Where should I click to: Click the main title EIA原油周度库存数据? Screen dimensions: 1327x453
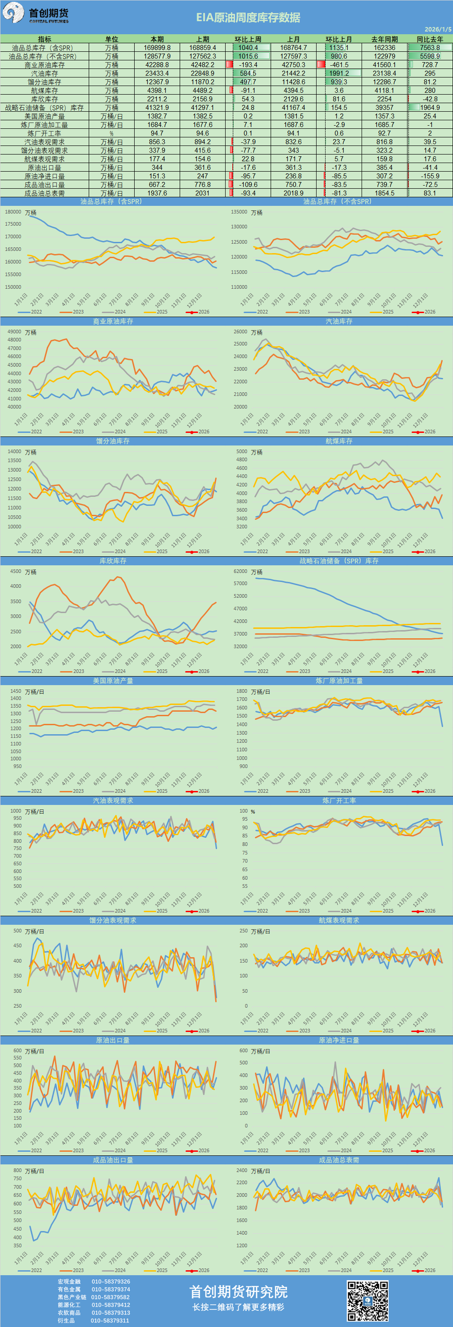click(x=248, y=18)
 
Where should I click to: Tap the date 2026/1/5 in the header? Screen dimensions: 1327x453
click(x=438, y=30)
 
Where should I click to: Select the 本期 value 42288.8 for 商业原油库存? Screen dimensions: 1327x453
click(x=157, y=65)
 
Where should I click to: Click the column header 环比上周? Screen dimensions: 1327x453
click(x=248, y=39)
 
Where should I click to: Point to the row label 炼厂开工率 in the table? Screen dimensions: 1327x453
click(x=44, y=133)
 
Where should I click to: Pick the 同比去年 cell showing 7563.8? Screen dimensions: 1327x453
click(x=430, y=48)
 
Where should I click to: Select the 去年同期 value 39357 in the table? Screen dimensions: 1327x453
click(x=384, y=108)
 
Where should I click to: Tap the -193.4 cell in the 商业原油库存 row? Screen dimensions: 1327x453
click(x=248, y=65)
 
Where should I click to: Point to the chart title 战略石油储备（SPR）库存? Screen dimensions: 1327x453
click(x=339, y=561)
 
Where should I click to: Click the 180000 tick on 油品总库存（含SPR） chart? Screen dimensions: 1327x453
click(x=13, y=212)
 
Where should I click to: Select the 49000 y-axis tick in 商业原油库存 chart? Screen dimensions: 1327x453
click(x=14, y=332)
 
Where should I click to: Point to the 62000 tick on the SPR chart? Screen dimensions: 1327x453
click(x=240, y=571)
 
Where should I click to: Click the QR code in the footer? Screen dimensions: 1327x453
click(x=367, y=1301)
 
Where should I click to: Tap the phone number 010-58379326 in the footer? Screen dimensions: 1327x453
click(x=111, y=1281)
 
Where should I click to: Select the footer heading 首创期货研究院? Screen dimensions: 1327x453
click(x=238, y=1291)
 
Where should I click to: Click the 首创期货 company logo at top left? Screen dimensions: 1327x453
click(x=36, y=14)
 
